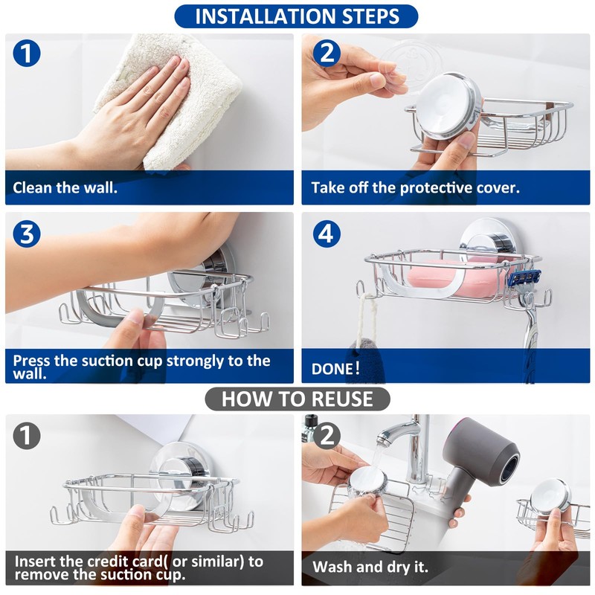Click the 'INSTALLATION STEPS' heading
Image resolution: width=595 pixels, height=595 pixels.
pos(297,16)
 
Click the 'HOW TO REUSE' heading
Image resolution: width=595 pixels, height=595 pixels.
pos(297,399)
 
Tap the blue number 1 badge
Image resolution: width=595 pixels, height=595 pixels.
pos(27,54)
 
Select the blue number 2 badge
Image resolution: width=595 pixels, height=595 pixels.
pos(327,54)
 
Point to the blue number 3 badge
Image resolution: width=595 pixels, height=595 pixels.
pos(27,234)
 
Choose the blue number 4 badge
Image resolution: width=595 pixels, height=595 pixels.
pos(327,234)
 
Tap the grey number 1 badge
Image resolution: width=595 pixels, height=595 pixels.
pos(27,436)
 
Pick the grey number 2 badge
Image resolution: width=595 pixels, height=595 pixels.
pos(327,436)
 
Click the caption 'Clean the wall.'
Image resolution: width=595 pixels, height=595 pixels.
pos(65,188)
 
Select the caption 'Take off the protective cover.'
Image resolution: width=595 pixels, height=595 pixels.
pos(416,188)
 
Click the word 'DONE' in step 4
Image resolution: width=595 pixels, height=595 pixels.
pos(332,369)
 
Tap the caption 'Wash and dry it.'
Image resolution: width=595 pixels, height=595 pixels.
pos(370,567)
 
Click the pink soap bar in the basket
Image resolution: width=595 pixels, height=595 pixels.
pos(455,279)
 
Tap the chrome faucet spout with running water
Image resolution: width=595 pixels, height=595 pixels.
pos(396,431)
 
